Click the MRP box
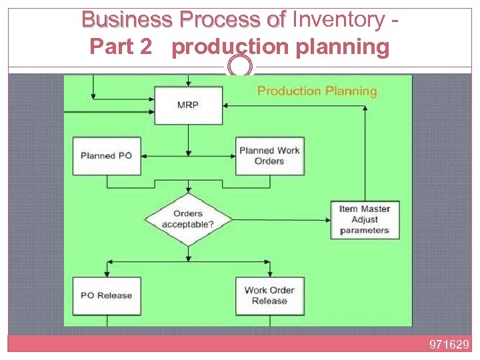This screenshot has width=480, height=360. coord(188,105)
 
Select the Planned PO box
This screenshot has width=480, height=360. coord(107,156)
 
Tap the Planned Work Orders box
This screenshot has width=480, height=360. coord(269,156)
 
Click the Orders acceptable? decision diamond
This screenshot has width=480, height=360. coord(188,219)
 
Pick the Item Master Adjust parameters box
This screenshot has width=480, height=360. coord(364,219)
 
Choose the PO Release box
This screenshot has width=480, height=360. coord(107,296)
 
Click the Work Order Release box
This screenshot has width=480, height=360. coord(269,296)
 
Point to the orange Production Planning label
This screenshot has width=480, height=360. coord(317,91)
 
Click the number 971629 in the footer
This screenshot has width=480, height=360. coord(449,345)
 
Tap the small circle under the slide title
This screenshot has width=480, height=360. coord(240,66)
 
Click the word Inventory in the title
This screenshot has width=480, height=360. coord(338,20)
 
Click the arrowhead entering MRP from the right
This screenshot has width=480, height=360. coord(227,105)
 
